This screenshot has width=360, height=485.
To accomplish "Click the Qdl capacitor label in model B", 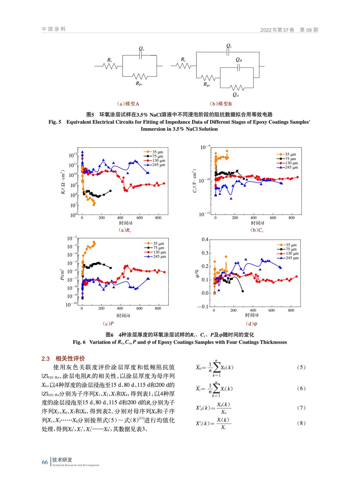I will point(239,60).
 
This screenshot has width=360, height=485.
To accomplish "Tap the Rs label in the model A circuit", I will point(109,60).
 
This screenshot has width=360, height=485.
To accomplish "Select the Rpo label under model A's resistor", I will point(139,83).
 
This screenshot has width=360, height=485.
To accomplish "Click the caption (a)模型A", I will point(128,104).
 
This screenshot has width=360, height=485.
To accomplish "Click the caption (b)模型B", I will point(220,104).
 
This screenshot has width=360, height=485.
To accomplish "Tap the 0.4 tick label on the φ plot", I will point(205,239).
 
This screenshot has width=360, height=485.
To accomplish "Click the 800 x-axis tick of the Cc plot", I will point(291,218).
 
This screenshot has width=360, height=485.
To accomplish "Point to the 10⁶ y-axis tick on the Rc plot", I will point(73,215).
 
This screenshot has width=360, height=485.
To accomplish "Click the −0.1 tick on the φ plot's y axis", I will point(203,306).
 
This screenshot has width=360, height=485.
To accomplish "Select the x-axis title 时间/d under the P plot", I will point(123,316).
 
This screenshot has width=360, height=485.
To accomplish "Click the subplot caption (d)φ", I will point(252,324).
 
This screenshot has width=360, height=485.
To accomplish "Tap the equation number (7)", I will point(301,408).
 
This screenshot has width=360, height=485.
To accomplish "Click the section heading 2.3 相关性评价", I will point(63,359).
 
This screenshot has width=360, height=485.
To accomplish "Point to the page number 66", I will point(45,462).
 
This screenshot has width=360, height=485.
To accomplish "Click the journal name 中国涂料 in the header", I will point(54,29).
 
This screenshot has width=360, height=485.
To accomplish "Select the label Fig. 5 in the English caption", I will point(55,122).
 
